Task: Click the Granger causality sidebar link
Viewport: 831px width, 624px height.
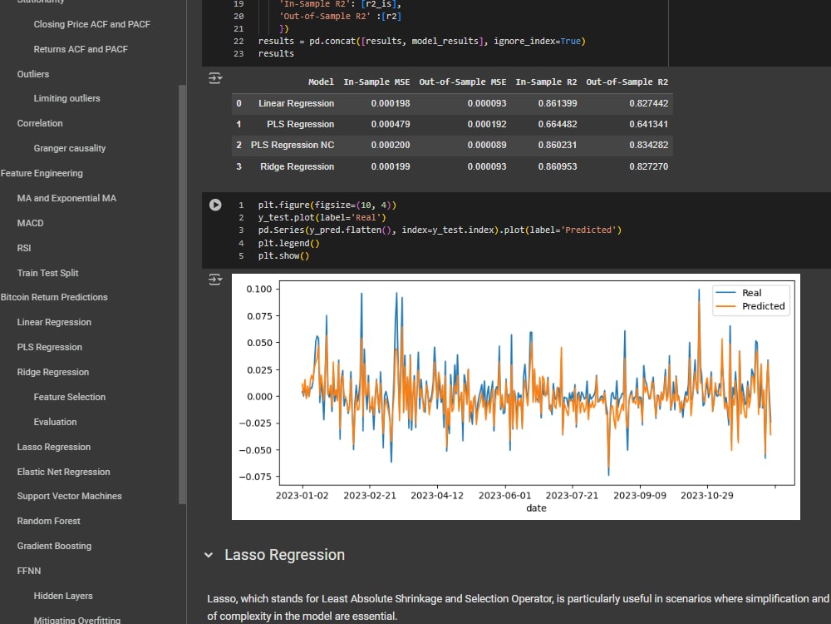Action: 70,148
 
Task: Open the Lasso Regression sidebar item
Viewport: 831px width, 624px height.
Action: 53,447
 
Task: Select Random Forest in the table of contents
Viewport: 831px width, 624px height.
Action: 48,521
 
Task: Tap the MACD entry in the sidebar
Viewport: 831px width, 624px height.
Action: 30,223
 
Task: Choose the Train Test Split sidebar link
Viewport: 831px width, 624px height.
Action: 47,273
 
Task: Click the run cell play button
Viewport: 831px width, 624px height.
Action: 215,205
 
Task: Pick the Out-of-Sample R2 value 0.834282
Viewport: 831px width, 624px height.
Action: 649,145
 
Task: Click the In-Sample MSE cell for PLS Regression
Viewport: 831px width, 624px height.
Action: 390,124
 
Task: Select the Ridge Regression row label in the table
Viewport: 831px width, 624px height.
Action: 297,166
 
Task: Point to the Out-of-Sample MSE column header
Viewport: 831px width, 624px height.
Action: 462,82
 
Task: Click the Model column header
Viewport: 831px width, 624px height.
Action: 321,82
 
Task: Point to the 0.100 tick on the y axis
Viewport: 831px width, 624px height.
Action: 259,290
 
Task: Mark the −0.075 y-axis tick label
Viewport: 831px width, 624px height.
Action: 255,477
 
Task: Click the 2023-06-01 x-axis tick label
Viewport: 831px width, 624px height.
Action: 504,496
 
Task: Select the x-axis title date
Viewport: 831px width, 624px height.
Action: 536,508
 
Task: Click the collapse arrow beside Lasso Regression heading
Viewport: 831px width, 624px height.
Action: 209,555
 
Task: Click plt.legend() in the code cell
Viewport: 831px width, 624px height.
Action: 289,243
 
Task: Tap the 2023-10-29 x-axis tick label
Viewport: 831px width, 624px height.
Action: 707,496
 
